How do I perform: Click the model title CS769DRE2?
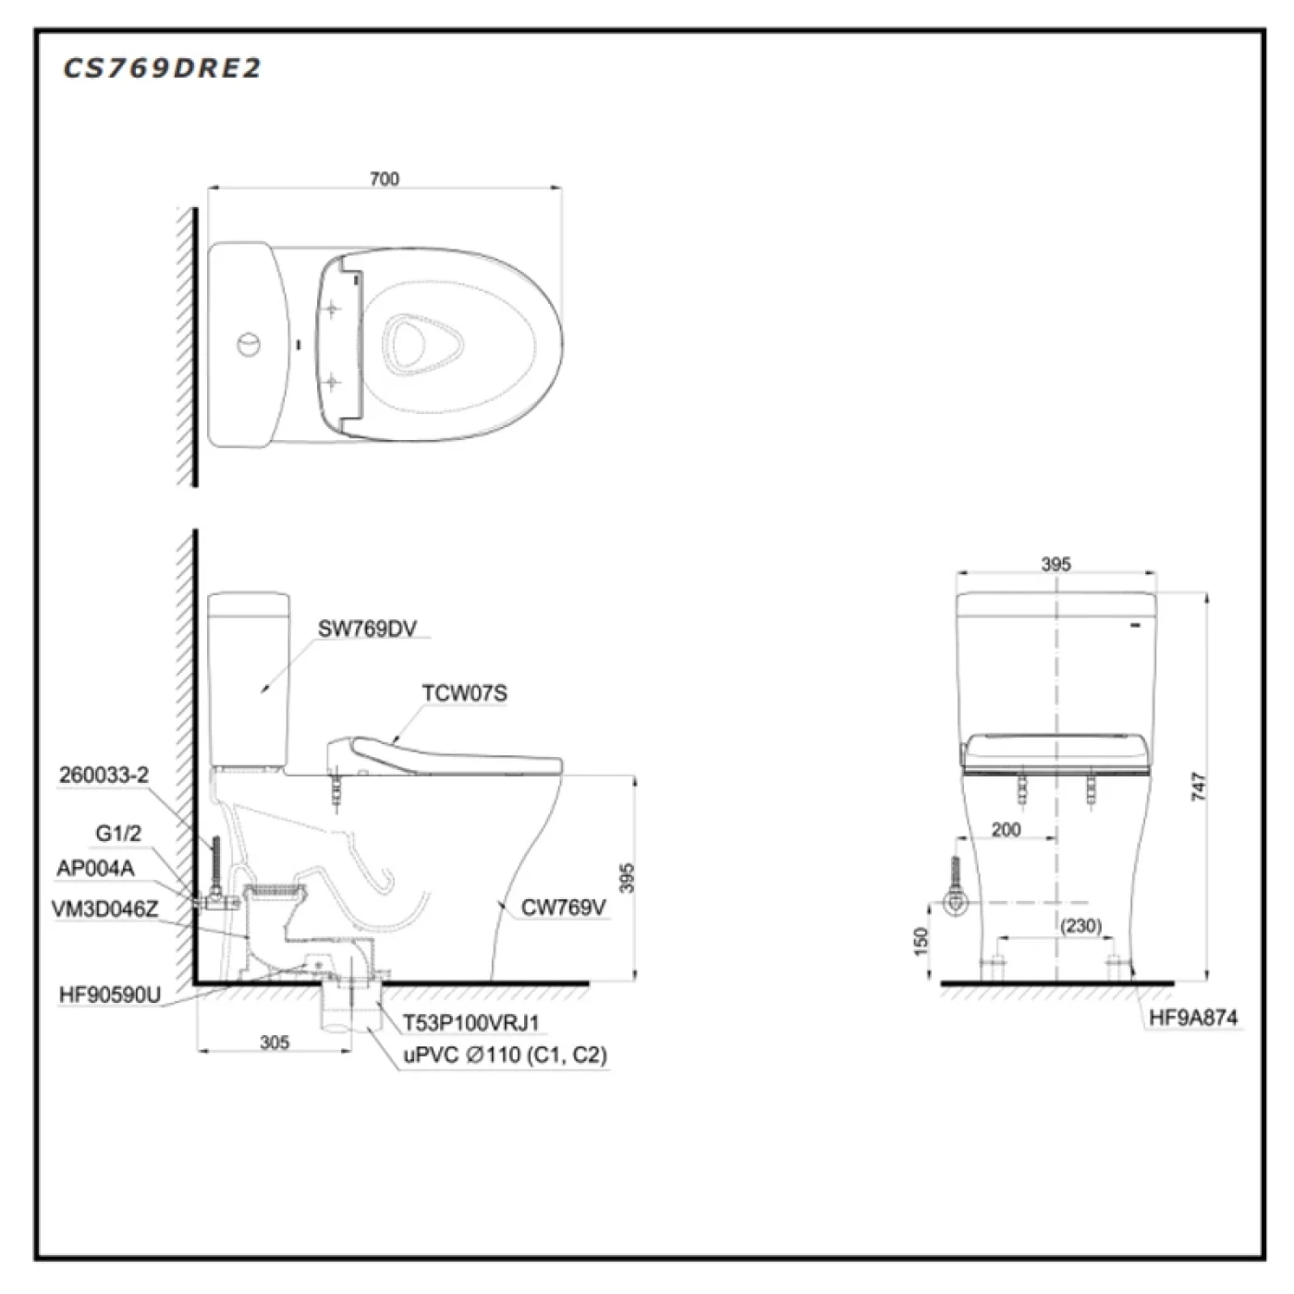pos(161,68)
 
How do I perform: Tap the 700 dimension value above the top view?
pos(385,178)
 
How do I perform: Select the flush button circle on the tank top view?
pos(249,345)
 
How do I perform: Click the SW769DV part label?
pos(367,629)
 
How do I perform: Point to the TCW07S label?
pos(465,693)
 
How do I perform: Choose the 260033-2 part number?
pos(104,775)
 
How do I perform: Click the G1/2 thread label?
pos(119,834)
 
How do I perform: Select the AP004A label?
pos(95,868)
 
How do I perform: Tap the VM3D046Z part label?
pos(105,909)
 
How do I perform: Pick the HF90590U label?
pos(110,995)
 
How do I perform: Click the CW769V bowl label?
pos(564,908)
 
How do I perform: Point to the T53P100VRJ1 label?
pos(470,1022)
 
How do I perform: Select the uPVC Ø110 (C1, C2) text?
pos(505,1055)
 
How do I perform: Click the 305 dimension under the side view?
pos(275,1043)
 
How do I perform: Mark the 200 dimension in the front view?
pos(1006,830)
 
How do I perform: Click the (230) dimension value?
pos(1081,926)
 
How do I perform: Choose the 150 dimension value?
pos(921,941)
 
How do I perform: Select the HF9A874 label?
pos(1193,1018)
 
